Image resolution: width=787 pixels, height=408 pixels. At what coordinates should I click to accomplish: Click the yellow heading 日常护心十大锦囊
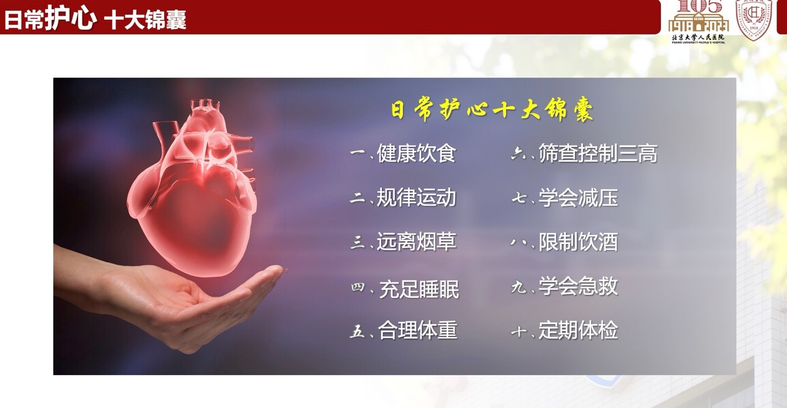(491, 110)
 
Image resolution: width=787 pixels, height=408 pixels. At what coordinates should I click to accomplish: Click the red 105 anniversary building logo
(698, 20)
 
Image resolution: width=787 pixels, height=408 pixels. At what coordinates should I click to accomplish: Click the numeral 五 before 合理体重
(358, 331)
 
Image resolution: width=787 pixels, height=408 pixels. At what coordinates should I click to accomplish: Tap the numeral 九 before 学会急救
(518, 286)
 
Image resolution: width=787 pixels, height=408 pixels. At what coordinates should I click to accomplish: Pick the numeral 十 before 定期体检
(518, 331)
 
